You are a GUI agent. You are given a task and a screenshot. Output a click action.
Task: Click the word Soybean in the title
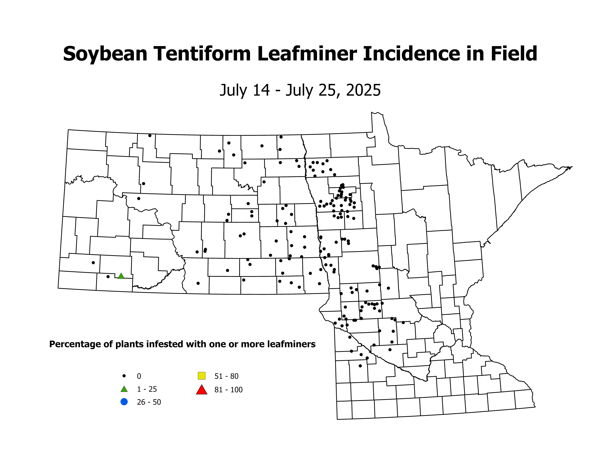pyautogui.click(x=105, y=54)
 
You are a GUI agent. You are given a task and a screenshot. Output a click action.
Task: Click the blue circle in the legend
pyautogui.click(x=124, y=402)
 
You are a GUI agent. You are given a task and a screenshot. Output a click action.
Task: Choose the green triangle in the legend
pyautogui.click(x=124, y=389)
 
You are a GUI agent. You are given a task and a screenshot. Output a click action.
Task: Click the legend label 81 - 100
pyautogui.click(x=228, y=390)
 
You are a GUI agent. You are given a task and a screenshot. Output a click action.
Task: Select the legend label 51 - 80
pyautogui.click(x=226, y=376)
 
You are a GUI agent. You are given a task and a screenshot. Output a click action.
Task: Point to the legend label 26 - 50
pyautogui.click(x=149, y=402)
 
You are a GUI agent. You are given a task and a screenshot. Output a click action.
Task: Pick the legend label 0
pyautogui.click(x=139, y=376)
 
